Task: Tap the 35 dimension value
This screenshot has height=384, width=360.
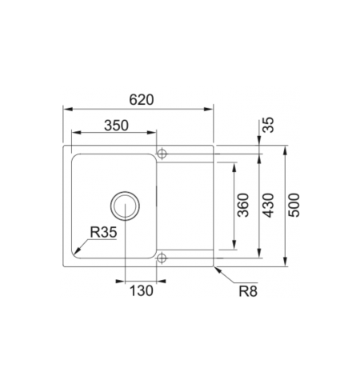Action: click(x=268, y=126)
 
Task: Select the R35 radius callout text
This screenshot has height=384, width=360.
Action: click(x=104, y=233)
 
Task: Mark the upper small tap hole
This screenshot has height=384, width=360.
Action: click(x=161, y=152)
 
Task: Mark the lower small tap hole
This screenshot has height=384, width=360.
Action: click(x=161, y=258)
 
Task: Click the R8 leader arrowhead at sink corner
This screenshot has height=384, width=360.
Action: click(x=214, y=267)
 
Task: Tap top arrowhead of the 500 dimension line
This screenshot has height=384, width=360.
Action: click(x=285, y=148)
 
